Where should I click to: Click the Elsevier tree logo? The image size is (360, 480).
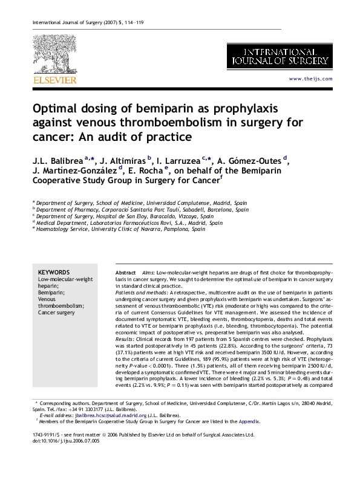[x=54, y=54]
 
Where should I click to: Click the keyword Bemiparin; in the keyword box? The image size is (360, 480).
[x=52, y=291]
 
